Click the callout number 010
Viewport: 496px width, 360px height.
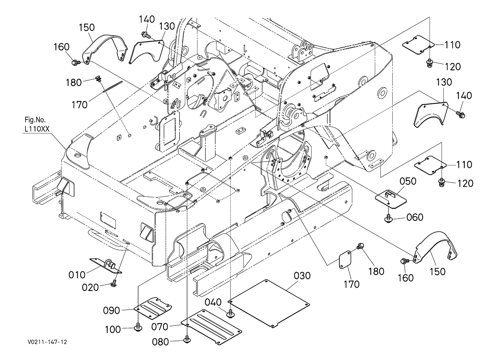tap(77, 275)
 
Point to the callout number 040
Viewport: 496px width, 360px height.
tap(214, 302)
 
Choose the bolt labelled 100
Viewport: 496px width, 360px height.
tap(138, 327)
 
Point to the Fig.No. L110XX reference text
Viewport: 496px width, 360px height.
tap(36, 124)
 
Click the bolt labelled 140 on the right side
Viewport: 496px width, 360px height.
tap(460, 114)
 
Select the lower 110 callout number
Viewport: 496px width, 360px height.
tap(464, 165)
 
